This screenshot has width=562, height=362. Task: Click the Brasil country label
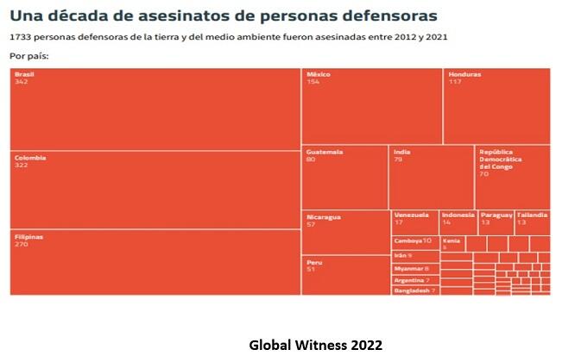(24, 75)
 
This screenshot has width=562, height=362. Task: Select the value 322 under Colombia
(22, 165)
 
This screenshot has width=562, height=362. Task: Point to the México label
(318, 75)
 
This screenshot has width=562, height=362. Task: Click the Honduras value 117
(455, 82)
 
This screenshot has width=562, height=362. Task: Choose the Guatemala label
(325, 152)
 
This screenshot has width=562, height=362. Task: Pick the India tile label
(401, 152)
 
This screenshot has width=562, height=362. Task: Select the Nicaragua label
(324, 216)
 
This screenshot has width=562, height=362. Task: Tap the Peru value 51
(312, 268)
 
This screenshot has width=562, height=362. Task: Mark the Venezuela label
(411, 215)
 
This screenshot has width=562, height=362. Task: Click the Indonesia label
(458, 215)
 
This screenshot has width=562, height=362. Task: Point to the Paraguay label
(496, 215)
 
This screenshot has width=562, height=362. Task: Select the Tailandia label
(533, 215)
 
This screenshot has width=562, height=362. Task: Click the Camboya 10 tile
(414, 240)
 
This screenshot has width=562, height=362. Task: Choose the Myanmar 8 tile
(412, 268)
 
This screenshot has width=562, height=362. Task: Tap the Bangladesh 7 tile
(415, 290)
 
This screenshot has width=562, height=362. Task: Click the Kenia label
(451, 240)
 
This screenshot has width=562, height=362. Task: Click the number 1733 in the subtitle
(21, 38)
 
